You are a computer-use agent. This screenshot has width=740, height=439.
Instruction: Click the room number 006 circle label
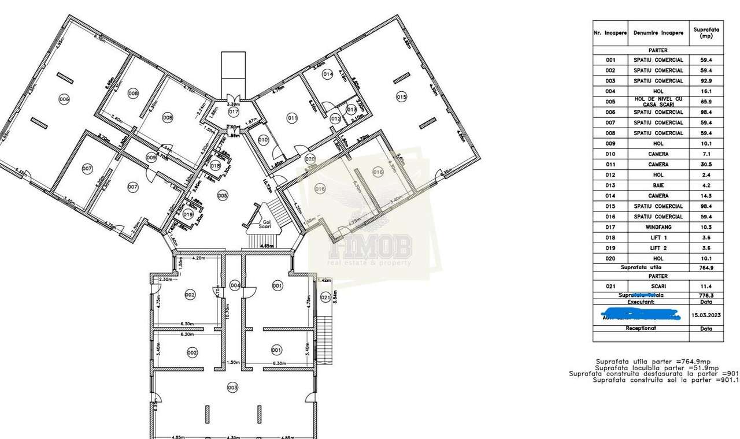tap(64, 99)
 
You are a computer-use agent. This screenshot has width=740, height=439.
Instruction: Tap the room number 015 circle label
tap(401, 97)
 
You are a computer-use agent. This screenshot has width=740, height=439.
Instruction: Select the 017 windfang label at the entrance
tap(234, 111)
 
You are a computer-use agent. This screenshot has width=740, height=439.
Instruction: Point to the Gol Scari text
tap(267, 224)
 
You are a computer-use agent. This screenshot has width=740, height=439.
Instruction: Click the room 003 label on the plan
tap(232, 387)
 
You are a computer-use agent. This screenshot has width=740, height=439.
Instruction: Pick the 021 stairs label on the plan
tap(325, 297)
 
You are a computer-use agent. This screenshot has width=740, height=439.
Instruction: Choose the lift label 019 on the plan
tap(188, 214)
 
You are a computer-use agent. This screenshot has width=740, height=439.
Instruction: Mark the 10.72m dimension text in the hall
tap(267, 186)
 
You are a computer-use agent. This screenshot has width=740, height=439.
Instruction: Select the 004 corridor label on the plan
tap(234, 285)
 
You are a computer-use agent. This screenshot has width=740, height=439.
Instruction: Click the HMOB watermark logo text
tap(370, 248)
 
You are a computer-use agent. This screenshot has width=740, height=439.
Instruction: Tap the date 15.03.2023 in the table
tap(706, 315)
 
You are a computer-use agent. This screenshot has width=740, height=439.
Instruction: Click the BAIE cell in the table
tap(658, 185)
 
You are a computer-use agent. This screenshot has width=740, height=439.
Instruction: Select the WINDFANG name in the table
tap(658, 228)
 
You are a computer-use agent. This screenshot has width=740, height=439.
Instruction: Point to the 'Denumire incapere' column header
tap(658, 33)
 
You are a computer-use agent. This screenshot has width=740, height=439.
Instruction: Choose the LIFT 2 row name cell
tap(658, 248)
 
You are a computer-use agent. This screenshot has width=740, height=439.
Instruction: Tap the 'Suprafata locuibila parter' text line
tap(657, 368)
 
